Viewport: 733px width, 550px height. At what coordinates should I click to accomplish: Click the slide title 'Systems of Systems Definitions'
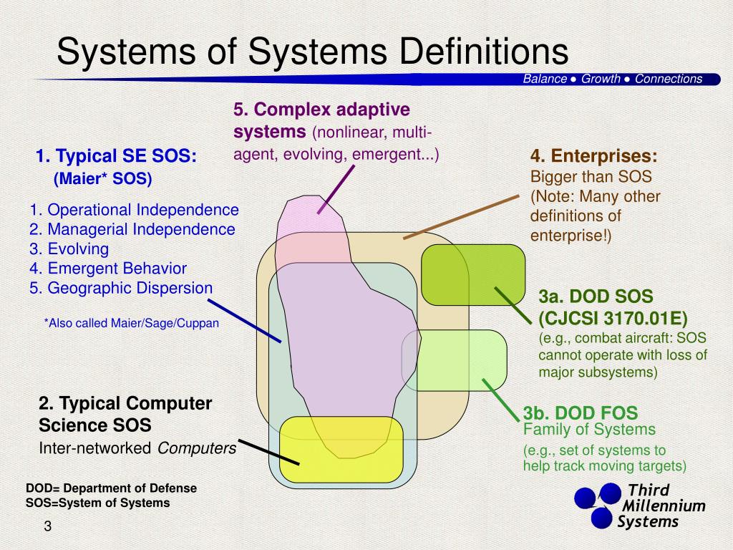pyautogui.click(x=312, y=52)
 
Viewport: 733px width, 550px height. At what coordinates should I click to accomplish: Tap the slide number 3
pyautogui.click(x=47, y=527)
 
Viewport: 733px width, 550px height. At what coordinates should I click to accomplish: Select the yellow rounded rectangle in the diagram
pyautogui.click(x=341, y=450)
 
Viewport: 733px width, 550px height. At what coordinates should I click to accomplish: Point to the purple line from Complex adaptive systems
pyautogui.click(x=335, y=189)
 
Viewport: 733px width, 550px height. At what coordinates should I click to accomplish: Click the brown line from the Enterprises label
pyautogui.click(x=461, y=216)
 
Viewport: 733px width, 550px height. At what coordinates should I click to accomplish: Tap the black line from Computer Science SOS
pyautogui.click(x=268, y=452)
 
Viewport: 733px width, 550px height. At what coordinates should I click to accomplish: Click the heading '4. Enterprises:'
pyautogui.click(x=593, y=157)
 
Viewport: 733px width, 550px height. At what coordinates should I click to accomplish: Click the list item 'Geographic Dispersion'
pyautogui.click(x=121, y=288)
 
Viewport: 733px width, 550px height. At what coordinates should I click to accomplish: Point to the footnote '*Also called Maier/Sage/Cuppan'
pyautogui.click(x=132, y=323)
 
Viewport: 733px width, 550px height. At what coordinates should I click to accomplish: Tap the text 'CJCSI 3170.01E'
pyautogui.click(x=613, y=318)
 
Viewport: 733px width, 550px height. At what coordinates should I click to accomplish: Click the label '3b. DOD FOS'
pyautogui.click(x=580, y=413)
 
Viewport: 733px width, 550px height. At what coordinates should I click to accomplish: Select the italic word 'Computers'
pyautogui.click(x=197, y=448)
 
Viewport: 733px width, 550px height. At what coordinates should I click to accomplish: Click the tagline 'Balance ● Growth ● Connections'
pyautogui.click(x=612, y=79)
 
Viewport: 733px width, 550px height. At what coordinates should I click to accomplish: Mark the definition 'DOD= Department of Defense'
pyautogui.click(x=111, y=488)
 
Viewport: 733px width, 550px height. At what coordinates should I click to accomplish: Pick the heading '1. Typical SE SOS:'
pyautogui.click(x=116, y=157)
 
